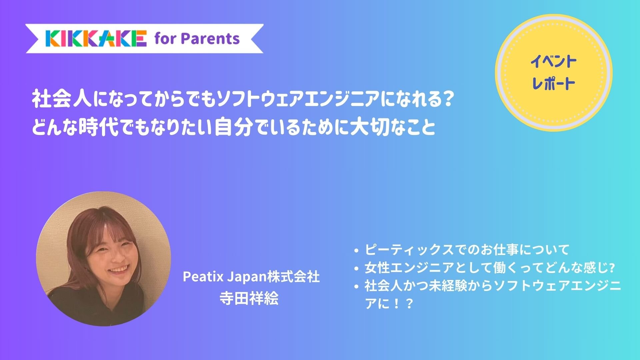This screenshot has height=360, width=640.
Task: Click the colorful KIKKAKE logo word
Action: click(x=96, y=38)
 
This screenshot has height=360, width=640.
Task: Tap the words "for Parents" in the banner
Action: click(x=197, y=39)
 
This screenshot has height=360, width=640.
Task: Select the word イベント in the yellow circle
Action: click(x=553, y=62)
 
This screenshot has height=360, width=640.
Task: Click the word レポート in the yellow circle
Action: click(x=553, y=83)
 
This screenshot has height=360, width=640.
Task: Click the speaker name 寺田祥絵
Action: click(x=249, y=298)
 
